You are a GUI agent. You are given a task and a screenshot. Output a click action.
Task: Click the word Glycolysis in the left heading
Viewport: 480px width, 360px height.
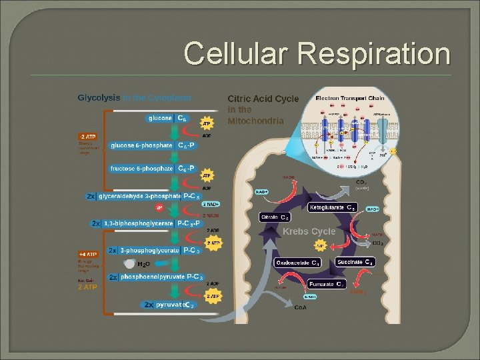[99, 97]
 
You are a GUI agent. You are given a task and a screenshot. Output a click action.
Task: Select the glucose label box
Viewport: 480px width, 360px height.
[160, 118]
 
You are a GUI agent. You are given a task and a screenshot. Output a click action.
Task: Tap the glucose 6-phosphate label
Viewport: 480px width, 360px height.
[142, 145]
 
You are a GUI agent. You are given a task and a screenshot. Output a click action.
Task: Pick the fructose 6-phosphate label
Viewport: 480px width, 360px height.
[142, 169]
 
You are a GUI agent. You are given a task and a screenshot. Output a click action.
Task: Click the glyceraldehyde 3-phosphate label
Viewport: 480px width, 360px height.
[139, 196]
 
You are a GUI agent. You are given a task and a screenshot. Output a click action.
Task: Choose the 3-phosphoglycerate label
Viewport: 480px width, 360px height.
[149, 250]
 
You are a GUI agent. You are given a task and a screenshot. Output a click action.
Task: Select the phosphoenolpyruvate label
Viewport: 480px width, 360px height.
[152, 277]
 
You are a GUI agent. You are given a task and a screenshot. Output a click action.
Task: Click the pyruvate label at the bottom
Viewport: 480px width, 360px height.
[169, 305]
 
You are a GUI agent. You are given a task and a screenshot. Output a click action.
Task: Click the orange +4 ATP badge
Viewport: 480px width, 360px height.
[87, 254]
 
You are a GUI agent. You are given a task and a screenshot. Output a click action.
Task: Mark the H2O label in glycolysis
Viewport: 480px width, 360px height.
[142, 265]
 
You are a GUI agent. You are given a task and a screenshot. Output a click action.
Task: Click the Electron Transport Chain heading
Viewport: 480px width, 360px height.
[349, 98]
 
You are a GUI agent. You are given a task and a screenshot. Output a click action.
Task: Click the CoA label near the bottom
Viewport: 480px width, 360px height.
[301, 307]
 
